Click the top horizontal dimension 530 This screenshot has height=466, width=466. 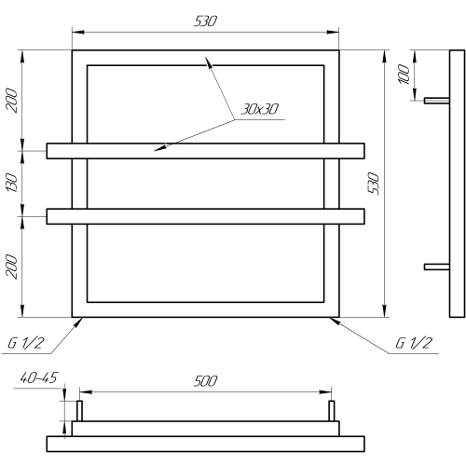click(205, 21)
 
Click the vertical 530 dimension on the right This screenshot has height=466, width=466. click(374, 184)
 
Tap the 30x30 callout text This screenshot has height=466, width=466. click(260, 109)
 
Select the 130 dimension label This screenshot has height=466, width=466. click(12, 183)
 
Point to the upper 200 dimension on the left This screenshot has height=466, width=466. click(11, 100)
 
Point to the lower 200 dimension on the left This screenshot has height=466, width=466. click(11, 267)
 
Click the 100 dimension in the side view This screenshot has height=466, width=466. click(404, 74)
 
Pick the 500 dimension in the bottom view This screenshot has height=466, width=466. click(205, 381)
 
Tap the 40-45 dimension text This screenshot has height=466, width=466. click(39, 377)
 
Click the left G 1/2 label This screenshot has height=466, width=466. click(26, 343)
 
